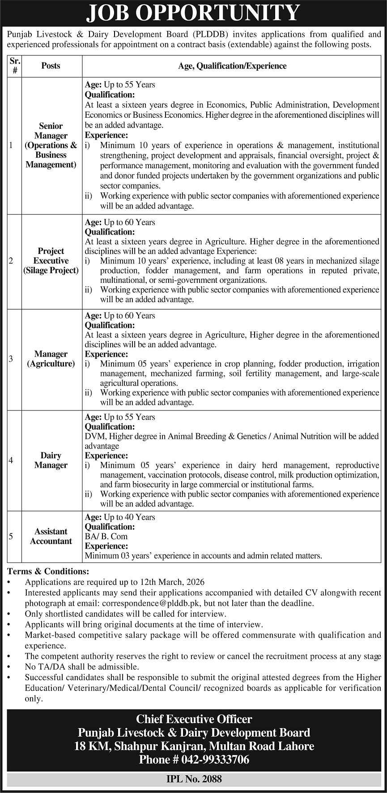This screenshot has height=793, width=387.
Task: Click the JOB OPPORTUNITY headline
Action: coord(193,13)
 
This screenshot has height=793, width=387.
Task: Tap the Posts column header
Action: coord(51,66)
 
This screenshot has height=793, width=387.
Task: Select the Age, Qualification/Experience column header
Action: coord(232,66)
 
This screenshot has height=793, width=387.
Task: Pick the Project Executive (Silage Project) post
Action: coord(51,260)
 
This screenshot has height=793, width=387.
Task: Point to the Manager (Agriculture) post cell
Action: coord(51,359)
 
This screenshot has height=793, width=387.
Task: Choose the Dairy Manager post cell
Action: coord(51,460)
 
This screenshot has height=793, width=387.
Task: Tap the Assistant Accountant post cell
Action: coord(51,536)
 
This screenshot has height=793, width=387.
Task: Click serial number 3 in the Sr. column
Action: coord(11,359)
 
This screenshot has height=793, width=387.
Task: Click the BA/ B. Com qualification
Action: coord(106,536)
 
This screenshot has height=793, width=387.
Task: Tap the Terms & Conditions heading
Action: coord(48,571)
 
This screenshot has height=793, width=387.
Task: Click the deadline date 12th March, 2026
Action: coord(173,582)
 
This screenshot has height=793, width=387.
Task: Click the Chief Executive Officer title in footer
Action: coord(194,719)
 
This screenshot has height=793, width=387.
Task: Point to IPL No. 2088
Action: coord(193,779)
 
